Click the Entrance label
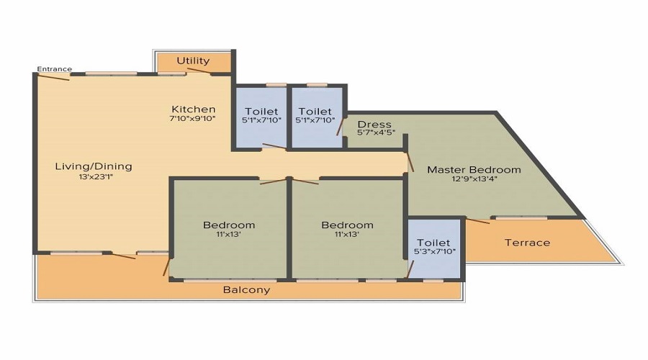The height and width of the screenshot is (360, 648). coord(55,69)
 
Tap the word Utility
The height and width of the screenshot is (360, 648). coord(193,60)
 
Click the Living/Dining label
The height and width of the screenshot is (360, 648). coord(94,166)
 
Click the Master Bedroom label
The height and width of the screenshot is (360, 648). coord(474,169)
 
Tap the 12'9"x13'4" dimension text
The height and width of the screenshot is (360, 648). coord(474,179)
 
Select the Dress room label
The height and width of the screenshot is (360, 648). coord(374,125)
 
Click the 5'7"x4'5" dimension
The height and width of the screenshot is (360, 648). coord(376,132)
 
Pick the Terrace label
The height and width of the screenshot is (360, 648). coord(527,243)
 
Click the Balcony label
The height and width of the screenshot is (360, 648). coord(247,290)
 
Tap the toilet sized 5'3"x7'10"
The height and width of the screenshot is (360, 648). coord(434,247)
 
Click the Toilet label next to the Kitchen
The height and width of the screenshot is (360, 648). coord(261,112)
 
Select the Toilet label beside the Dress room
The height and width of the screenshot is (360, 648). coord(315,112)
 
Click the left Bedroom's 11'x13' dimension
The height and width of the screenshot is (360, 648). coord(228,234)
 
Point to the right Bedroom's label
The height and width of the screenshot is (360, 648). coord(348,225)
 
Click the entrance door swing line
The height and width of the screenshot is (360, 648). coord(53,77)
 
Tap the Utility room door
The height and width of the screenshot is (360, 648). coord(199,71)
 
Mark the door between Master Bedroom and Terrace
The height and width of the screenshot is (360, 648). coord(478,220)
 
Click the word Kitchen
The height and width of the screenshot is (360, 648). coord(194,109)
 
